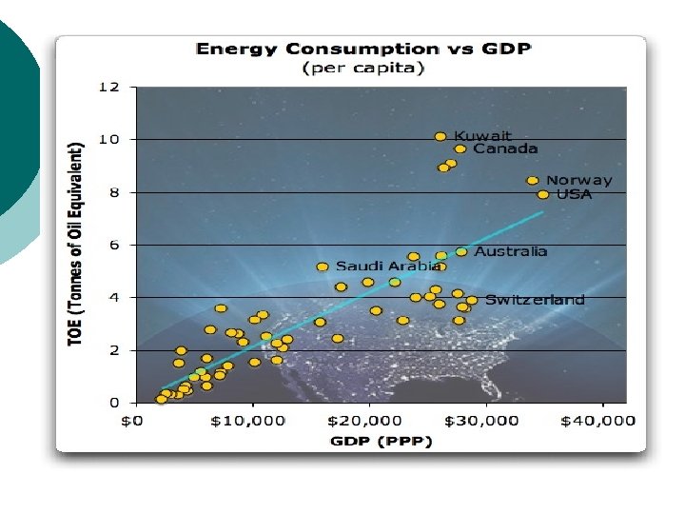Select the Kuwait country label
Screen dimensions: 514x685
tap(482, 136)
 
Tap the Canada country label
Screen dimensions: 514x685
tap(505, 148)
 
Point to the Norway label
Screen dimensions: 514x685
tap(578, 180)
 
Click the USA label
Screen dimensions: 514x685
tap(574, 194)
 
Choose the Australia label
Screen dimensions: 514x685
tap(511, 251)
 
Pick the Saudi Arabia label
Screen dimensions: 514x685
tap(383, 267)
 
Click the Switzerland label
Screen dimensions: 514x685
tap(535, 300)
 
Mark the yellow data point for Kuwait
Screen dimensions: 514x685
tap(440, 137)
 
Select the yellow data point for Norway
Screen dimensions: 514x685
tap(533, 181)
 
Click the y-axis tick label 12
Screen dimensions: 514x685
tap(109, 87)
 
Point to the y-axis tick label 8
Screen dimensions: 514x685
tap(114, 191)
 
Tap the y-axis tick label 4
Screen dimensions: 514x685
tap(114, 297)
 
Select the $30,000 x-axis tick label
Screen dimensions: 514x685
tap(486, 421)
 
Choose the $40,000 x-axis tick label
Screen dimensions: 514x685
tap(604, 421)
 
